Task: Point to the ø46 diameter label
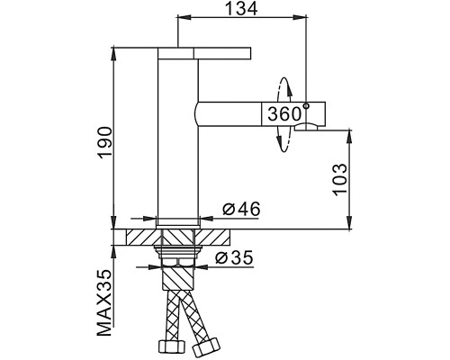pos(240,210)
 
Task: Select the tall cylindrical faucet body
pos(176,135)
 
